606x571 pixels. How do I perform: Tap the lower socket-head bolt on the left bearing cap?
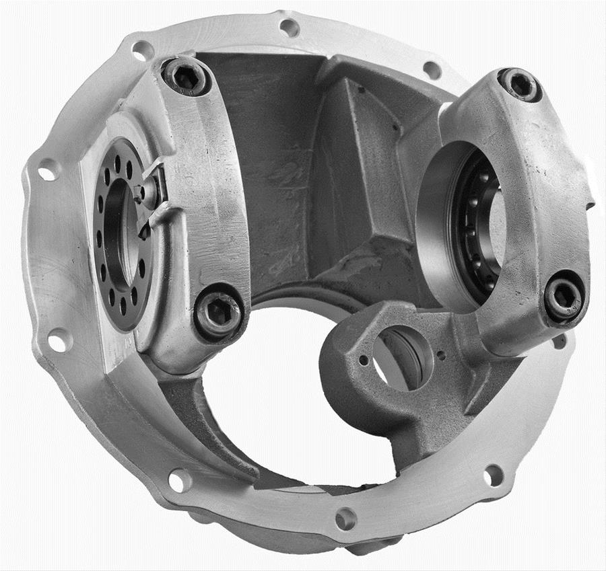pos(218,312)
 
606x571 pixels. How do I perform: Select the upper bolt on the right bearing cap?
pos(520,85)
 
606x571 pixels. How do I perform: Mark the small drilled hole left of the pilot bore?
pos(364,360)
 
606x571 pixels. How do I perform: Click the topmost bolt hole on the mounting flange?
pos(290,28)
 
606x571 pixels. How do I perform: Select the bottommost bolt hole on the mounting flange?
pos(345,518)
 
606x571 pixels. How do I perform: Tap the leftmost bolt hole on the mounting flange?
pos(48,171)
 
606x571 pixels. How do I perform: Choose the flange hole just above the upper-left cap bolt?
pos(143,50)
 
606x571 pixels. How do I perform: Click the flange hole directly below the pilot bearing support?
pos(493,475)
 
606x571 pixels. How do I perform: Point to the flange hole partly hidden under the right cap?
pos(558,341)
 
